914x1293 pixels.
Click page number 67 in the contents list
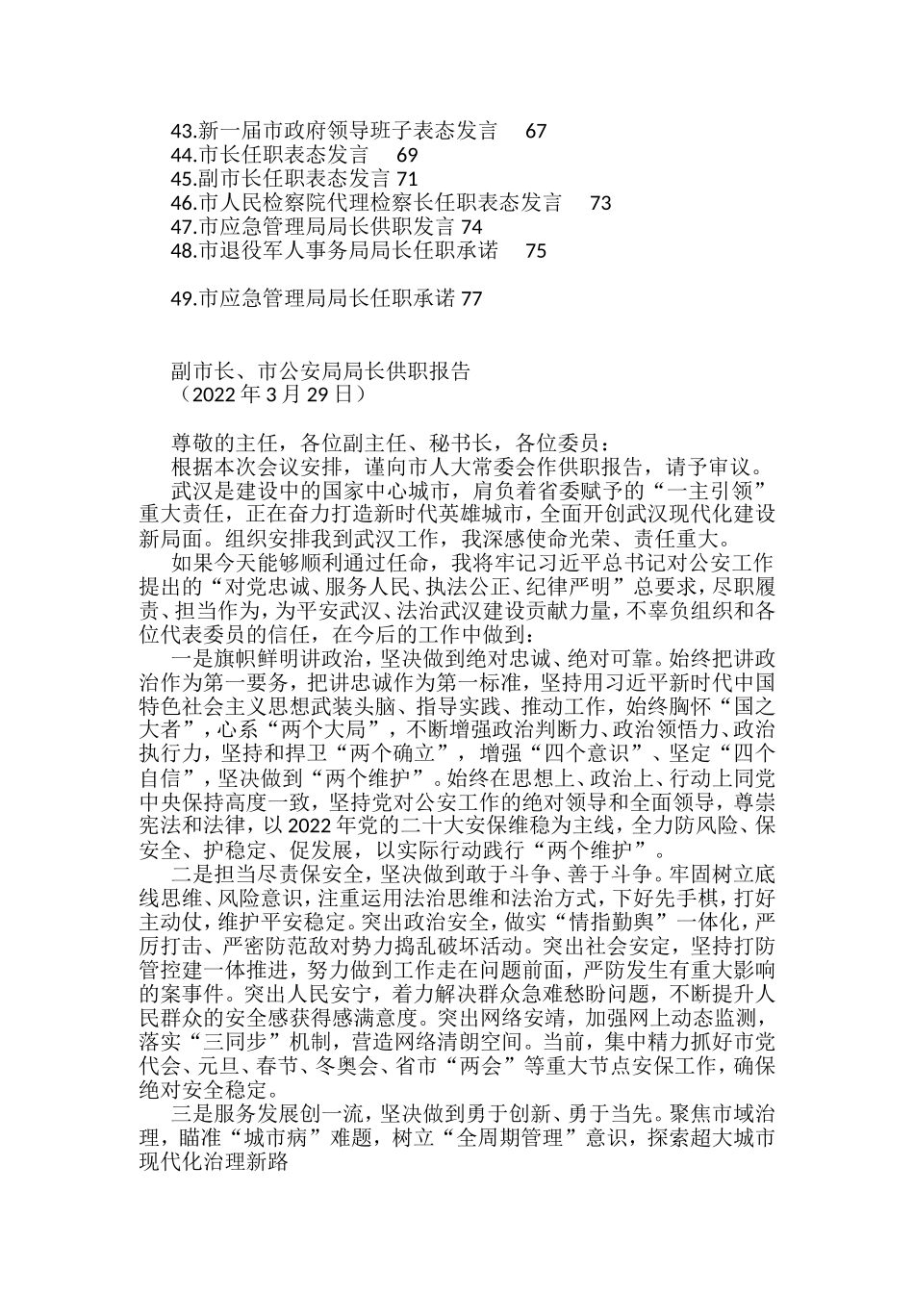(x=536, y=131)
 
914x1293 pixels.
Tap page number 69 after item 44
(x=407, y=155)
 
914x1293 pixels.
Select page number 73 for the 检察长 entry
(x=600, y=203)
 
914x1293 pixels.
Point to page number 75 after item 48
(x=536, y=251)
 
